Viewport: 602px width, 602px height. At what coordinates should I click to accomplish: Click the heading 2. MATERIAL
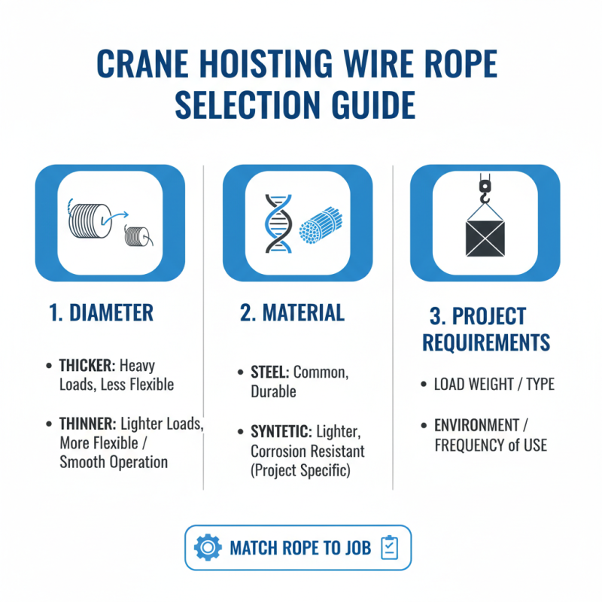click(x=292, y=313)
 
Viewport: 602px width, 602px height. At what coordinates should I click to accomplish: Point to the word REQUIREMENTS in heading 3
click(x=486, y=342)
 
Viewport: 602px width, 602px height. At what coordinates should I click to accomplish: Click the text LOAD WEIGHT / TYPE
click(x=494, y=385)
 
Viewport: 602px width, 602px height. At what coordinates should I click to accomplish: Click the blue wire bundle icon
click(x=320, y=225)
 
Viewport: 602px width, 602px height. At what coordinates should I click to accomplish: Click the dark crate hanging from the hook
click(x=484, y=239)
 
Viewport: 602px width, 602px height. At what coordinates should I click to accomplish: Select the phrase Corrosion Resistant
click(x=307, y=451)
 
